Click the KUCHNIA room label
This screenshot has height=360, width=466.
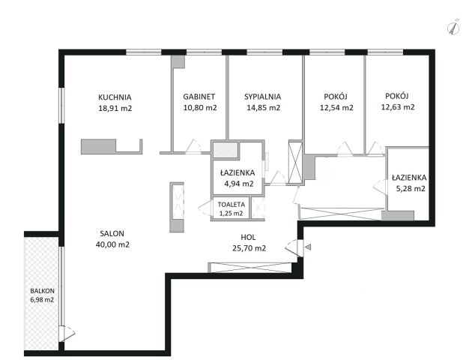tap(115, 97)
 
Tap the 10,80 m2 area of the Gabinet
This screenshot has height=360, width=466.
tap(200, 108)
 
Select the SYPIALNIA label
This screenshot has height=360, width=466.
tap(262, 97)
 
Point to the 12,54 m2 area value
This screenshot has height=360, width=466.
tap(336, 108)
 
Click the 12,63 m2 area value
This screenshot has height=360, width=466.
tap(398, 107)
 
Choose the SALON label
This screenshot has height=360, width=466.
tap(112, 233)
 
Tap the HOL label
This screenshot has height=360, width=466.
tap(248, 238)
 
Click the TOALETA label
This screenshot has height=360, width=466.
tap(232, 205)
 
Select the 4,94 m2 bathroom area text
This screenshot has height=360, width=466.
tap(239, 184)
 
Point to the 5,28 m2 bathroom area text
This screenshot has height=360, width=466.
tap(411, 189)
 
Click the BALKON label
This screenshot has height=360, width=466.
tap(42, 291)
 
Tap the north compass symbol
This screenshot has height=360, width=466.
tap(453, 28)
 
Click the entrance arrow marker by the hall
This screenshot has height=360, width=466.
tap(308, 247)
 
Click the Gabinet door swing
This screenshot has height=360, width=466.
tap(193, 147)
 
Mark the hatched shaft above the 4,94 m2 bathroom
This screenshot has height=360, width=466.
tap(226, 150)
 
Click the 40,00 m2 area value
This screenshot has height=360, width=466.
tap(112, 244)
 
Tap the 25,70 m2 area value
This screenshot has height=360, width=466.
tap(249, 248)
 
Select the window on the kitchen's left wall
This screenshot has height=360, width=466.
tap(61, 105)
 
